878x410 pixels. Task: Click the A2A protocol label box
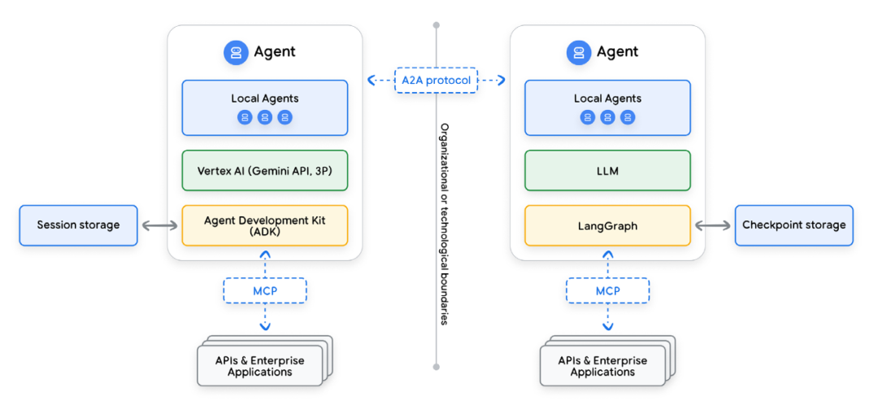tap(436, 80)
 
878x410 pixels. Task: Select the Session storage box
tap(78, 225)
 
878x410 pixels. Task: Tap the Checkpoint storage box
tap(793, 225)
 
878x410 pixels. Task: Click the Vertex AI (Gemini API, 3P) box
tap(265, 171)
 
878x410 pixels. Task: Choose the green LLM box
tap(607, 171)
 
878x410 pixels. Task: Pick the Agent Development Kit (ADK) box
tap(265, 225)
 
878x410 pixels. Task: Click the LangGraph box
tap(607, 225)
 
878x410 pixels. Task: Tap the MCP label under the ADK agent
tap(265, 290)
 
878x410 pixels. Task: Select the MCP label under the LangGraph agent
tap(607, 290)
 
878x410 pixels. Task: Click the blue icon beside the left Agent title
tap(236, 52)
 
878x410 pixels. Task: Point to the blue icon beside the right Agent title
tap(578, 52)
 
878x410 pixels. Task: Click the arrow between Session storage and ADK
tap(159, 225)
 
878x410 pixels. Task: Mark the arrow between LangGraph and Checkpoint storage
tap(712, 225)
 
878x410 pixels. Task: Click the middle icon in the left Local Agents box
tap(265, 117)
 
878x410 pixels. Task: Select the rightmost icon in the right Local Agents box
tap(628, 117)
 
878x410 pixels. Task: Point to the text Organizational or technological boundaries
tap(445, 224)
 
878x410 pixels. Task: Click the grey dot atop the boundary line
tap(436, 25)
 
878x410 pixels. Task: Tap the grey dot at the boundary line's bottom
tap(436, 367)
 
